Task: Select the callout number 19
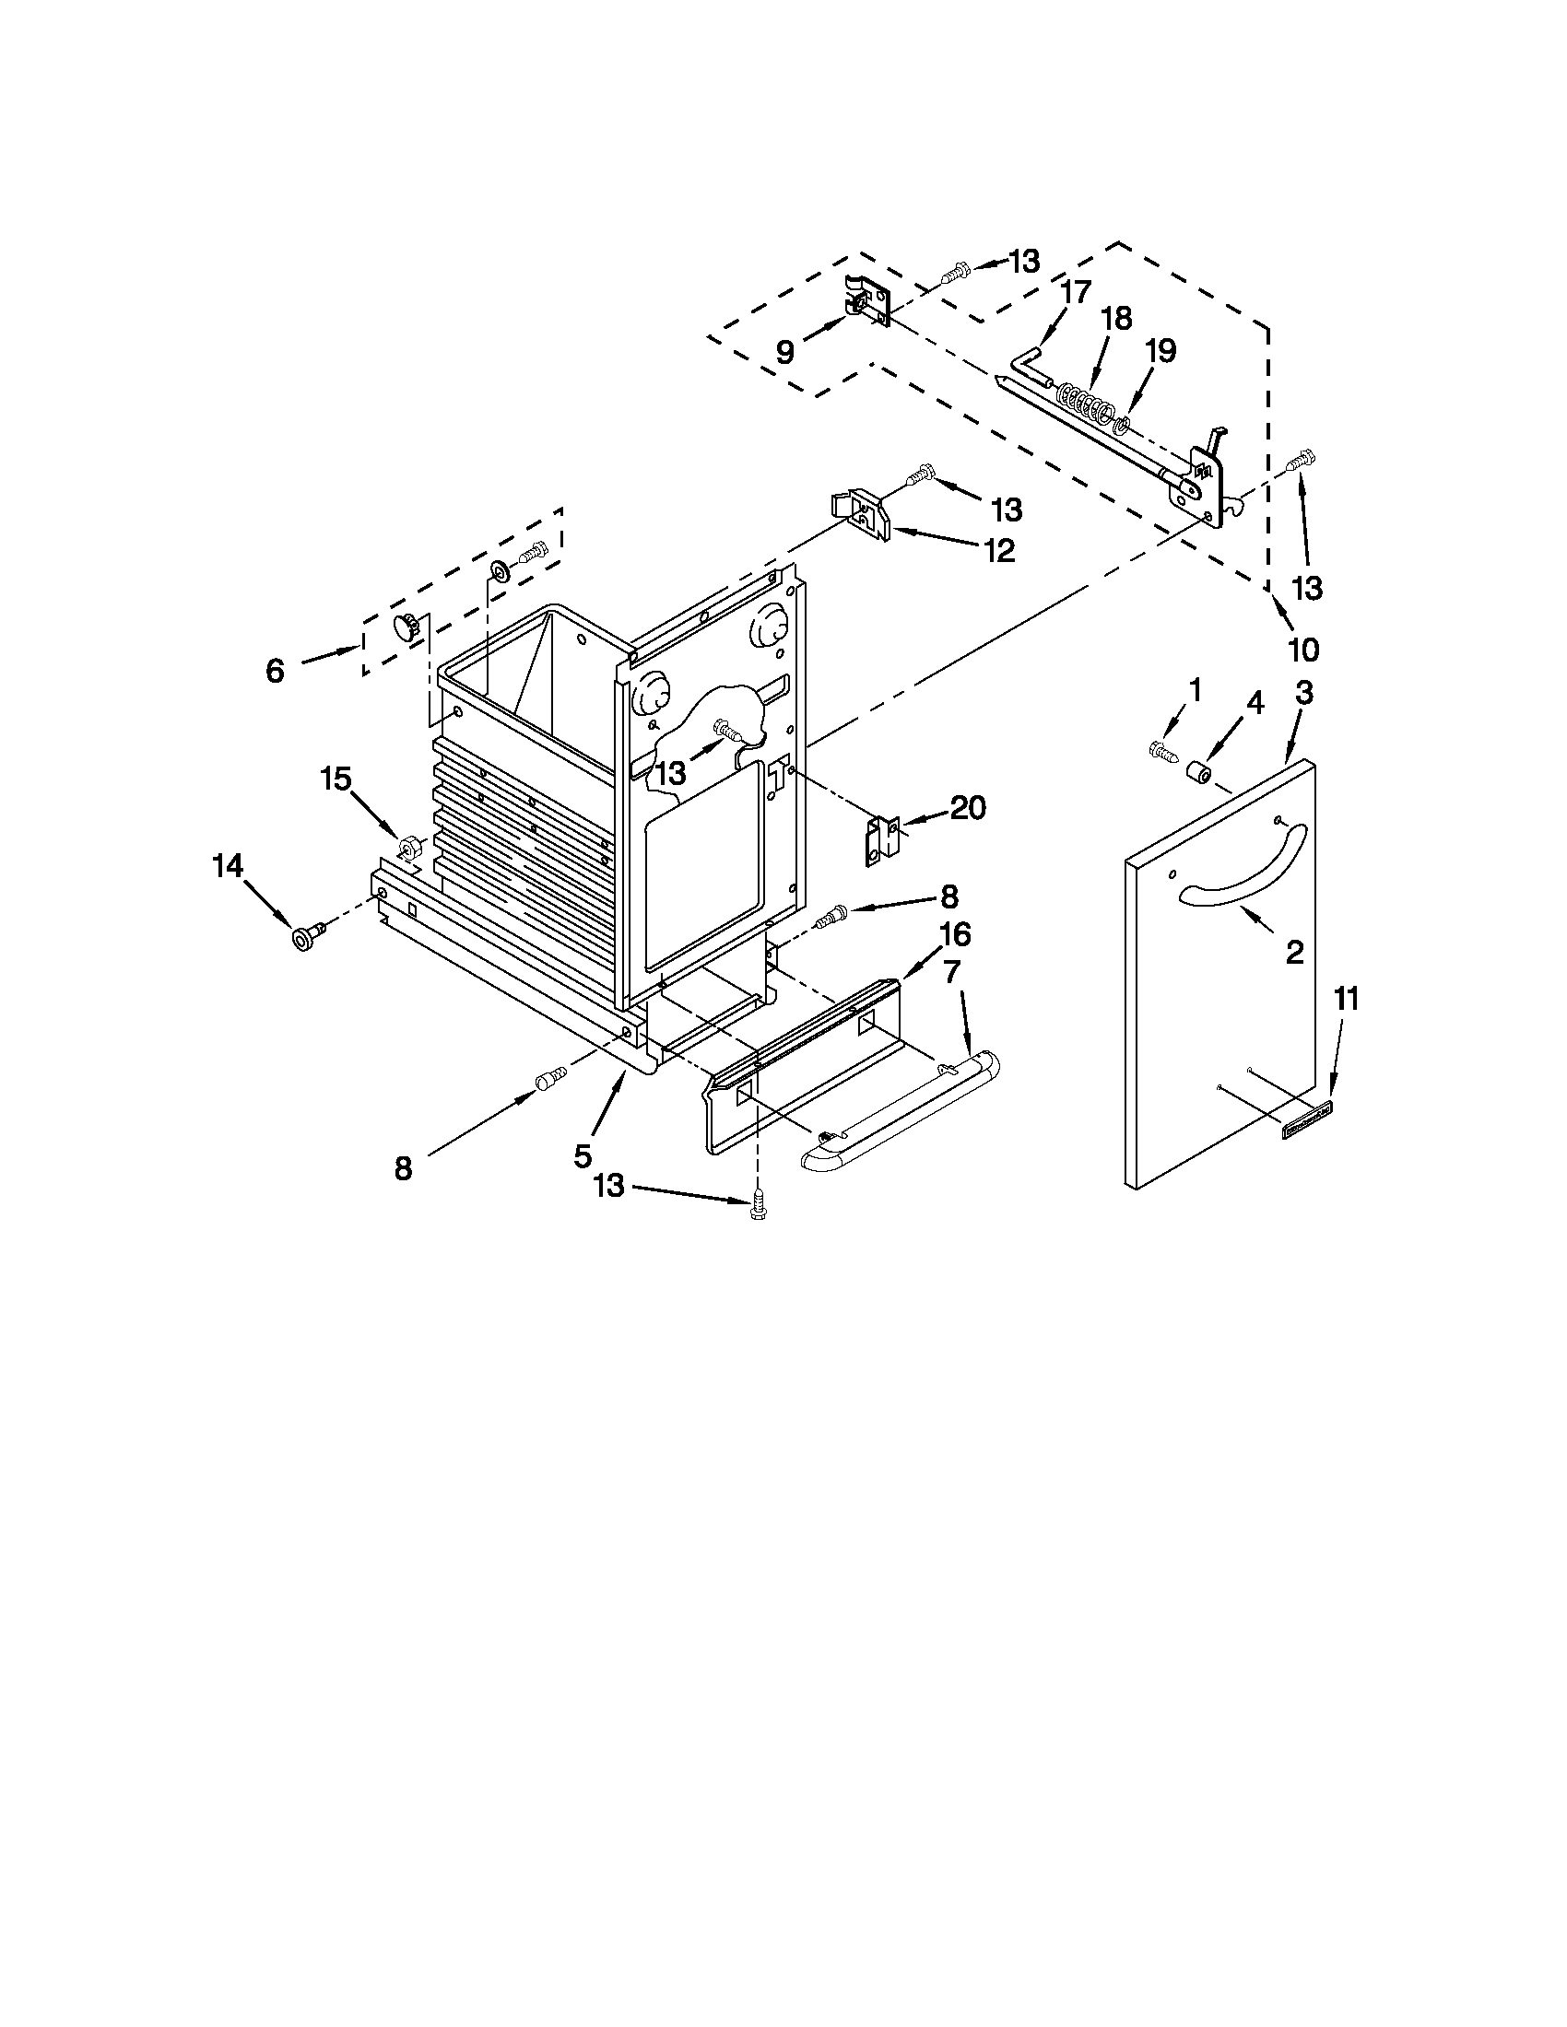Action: [1161, 351]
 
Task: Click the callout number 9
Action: [785, 352]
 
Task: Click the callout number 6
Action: [275, 670]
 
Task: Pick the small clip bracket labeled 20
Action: [883, 840]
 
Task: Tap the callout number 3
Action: [1304, 693]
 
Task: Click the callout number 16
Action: [955, 933]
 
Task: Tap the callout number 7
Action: [952, 974]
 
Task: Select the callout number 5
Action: [582, 1155]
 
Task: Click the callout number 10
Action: [1303, 650]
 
